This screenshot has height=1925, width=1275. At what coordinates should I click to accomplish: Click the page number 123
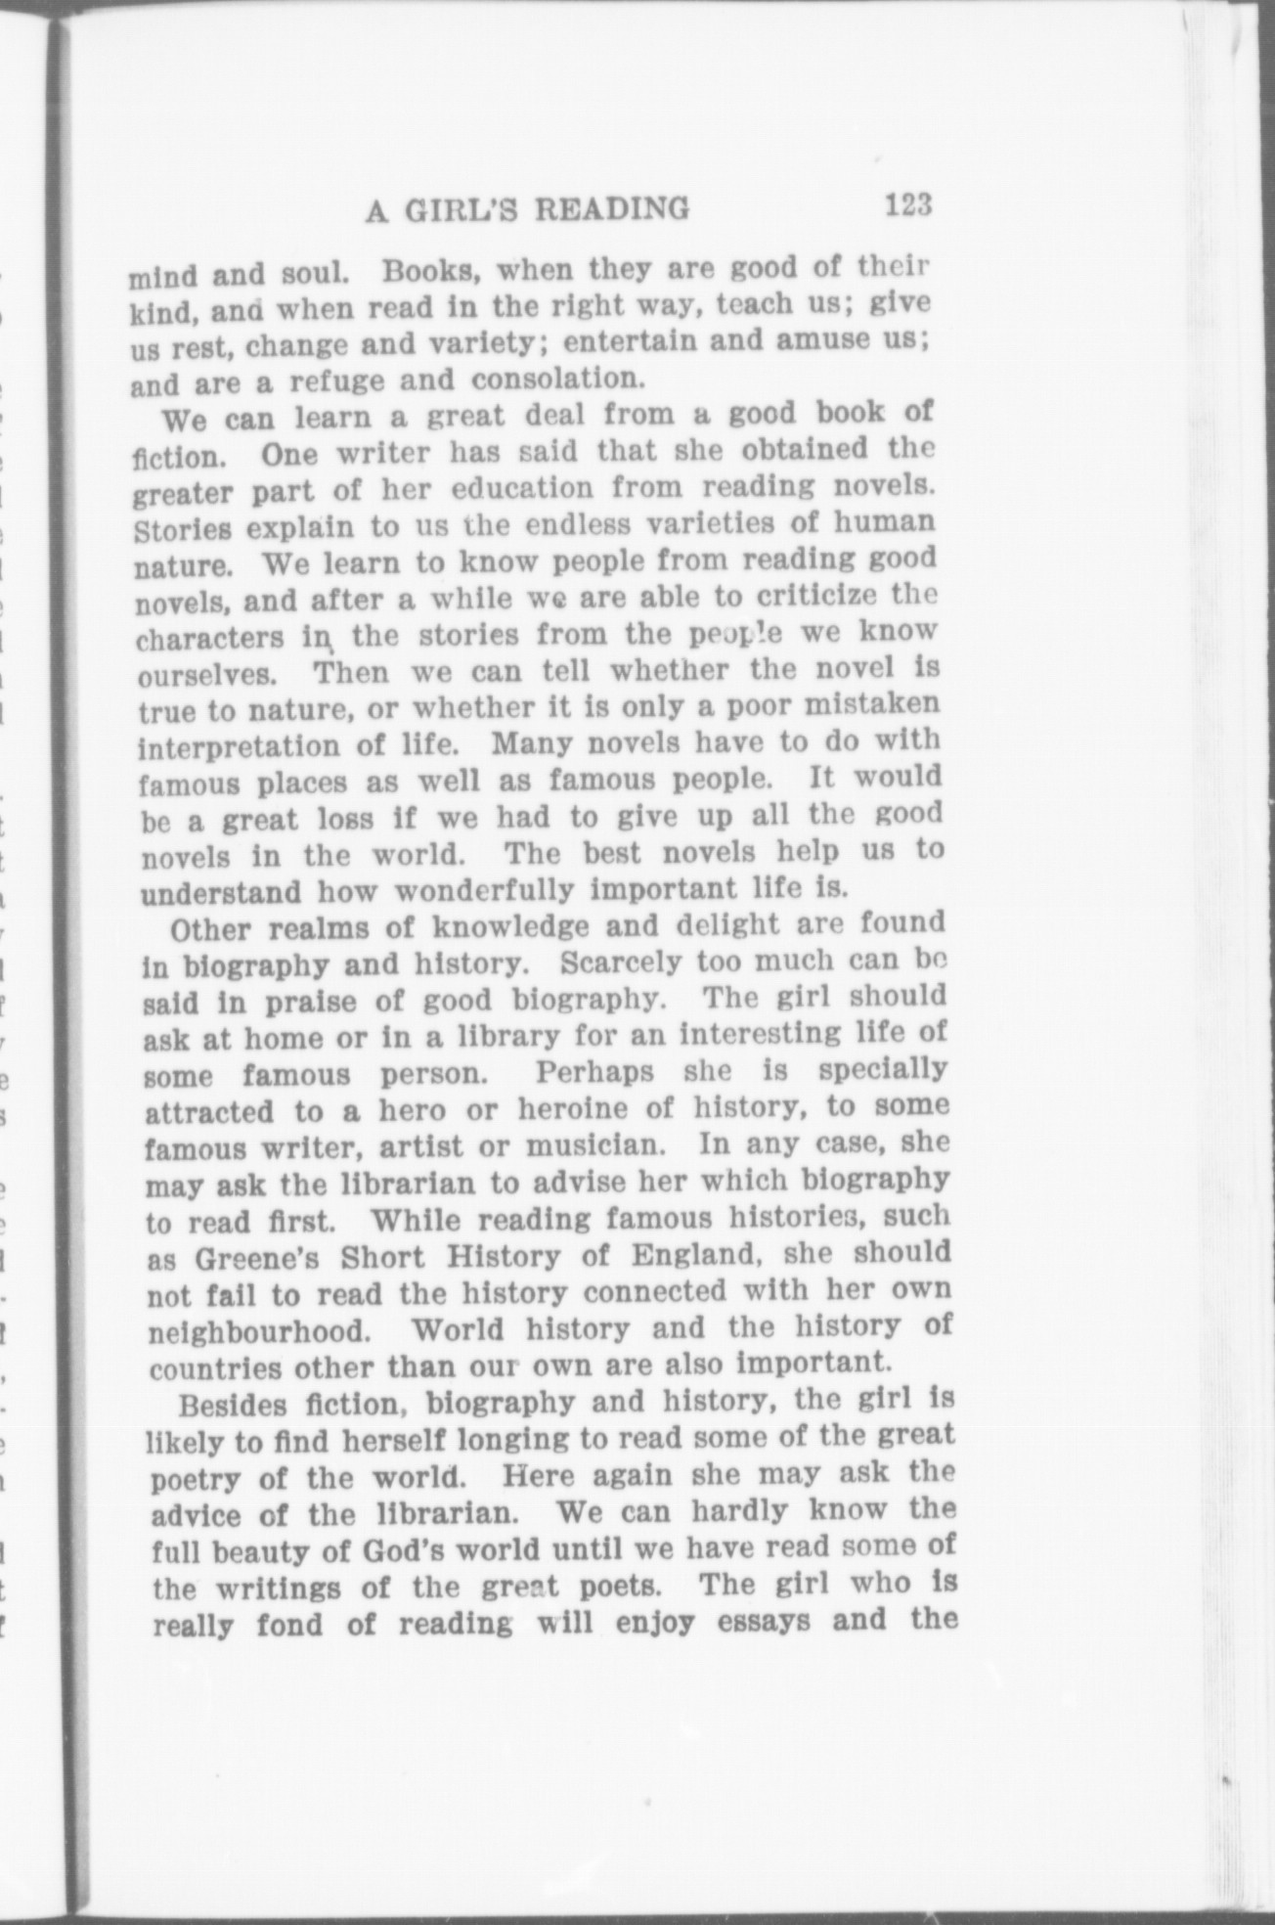pos(907,206)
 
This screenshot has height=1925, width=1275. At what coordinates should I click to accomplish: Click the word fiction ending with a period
pos(177,457)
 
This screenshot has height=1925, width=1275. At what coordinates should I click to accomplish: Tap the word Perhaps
pos(594,1071)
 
